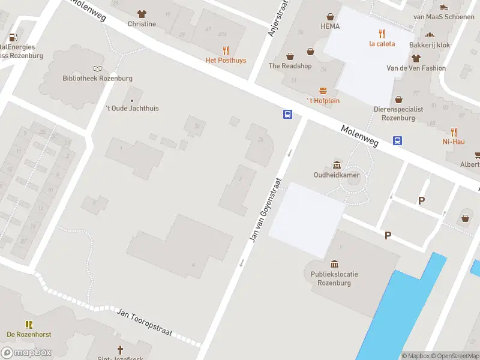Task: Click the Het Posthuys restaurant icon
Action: [x=226, y=51]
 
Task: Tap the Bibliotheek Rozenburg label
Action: [x=98, y=79]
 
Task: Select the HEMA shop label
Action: [x=330, y=26]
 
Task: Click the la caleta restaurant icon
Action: [x=381, y=34]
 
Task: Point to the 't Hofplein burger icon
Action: [x=323, y=91]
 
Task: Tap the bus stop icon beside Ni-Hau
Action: [x=398, y=140]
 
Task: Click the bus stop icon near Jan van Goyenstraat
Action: [x=288, y=114]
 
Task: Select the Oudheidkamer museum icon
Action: [x=337, y=165]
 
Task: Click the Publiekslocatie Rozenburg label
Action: [x=334, y=278]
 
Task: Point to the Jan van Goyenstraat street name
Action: [x=264, y=210]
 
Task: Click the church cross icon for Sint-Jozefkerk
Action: [x=120, y=349]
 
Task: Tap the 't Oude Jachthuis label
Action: [x=133, y=109]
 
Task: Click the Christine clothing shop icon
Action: [x=142, y=14]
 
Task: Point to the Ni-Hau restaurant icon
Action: [x=454, y=132]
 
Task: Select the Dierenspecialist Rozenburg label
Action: [x=398, y=113]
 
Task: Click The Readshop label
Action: [x=290, y=66]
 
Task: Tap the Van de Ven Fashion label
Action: [x=416, y=68]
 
